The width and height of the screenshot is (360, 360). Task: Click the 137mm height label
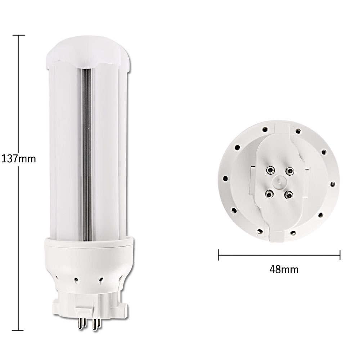[19, 159]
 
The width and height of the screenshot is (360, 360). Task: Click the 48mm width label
[284, 269]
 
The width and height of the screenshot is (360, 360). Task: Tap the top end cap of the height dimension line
[19, 35]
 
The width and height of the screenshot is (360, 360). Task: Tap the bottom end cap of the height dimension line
[18, 330]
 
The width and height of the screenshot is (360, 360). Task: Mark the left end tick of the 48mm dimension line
[219, 255]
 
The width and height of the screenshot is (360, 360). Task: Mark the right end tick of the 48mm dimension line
[340, 255]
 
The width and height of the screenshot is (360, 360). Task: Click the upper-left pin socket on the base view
[270, 170]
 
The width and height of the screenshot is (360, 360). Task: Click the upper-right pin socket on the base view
[290, 171]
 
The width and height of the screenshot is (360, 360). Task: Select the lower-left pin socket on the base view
[269, 194]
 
